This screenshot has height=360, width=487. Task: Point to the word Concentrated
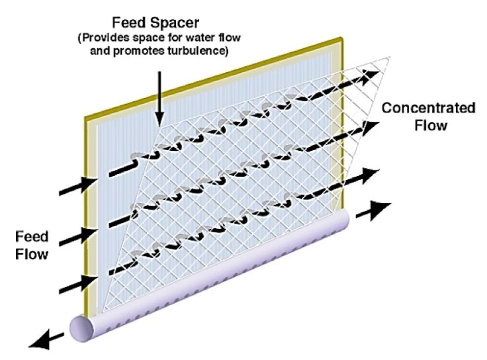pyautogui.click(x=428, y=108)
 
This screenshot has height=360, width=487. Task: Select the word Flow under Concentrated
pyautogui.click(x=431, y=126)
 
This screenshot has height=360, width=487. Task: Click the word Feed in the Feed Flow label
pyautogui.click(x=32, y=237)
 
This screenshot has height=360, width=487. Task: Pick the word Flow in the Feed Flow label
pyautogui.click(x=32, y=254)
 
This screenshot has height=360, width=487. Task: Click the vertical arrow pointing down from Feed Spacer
pyautogui.click(x=159, y=99)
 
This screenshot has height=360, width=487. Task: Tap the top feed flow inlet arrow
pyautogui.click(x=78, y=185)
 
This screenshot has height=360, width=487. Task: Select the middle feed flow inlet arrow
pyautogui.click(x=78, y=237)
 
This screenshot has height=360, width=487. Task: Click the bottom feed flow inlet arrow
pyautogui.click(x=78, y=284)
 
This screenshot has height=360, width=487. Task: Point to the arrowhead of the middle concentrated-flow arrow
pyautogui.click(x=370, y=127)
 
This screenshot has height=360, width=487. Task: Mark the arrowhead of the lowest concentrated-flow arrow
pyautogui.click(x=371, y=175)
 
